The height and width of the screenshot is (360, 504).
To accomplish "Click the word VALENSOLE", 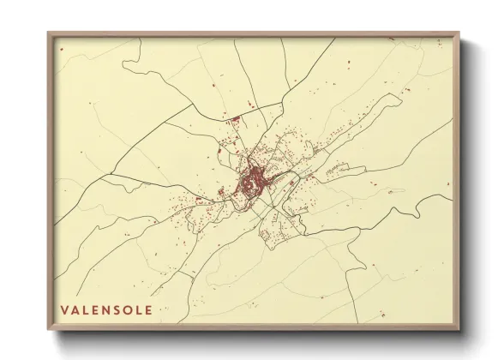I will coord(106,309).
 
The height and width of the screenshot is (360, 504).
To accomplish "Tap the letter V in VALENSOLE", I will coord(64,309).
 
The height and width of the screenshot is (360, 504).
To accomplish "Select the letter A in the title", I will coord(75,309).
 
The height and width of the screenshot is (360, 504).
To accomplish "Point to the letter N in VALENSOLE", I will coord(106,309).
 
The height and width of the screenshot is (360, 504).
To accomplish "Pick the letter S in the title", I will coord(117,309).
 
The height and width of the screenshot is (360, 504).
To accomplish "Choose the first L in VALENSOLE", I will coord(86,309).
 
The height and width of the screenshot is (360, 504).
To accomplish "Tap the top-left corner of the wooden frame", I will coord(49,34).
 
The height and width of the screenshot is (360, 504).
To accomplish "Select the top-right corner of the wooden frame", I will coord(458,34).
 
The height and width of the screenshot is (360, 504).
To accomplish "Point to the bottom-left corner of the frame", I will coord(49,330).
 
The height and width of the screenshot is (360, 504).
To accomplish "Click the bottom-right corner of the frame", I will coord(458,330).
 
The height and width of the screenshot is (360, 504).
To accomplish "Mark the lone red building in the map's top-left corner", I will coord(63,49).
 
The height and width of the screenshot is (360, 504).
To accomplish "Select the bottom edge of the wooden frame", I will coord(253,328).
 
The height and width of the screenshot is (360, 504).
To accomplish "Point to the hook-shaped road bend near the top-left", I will coord(125,64).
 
